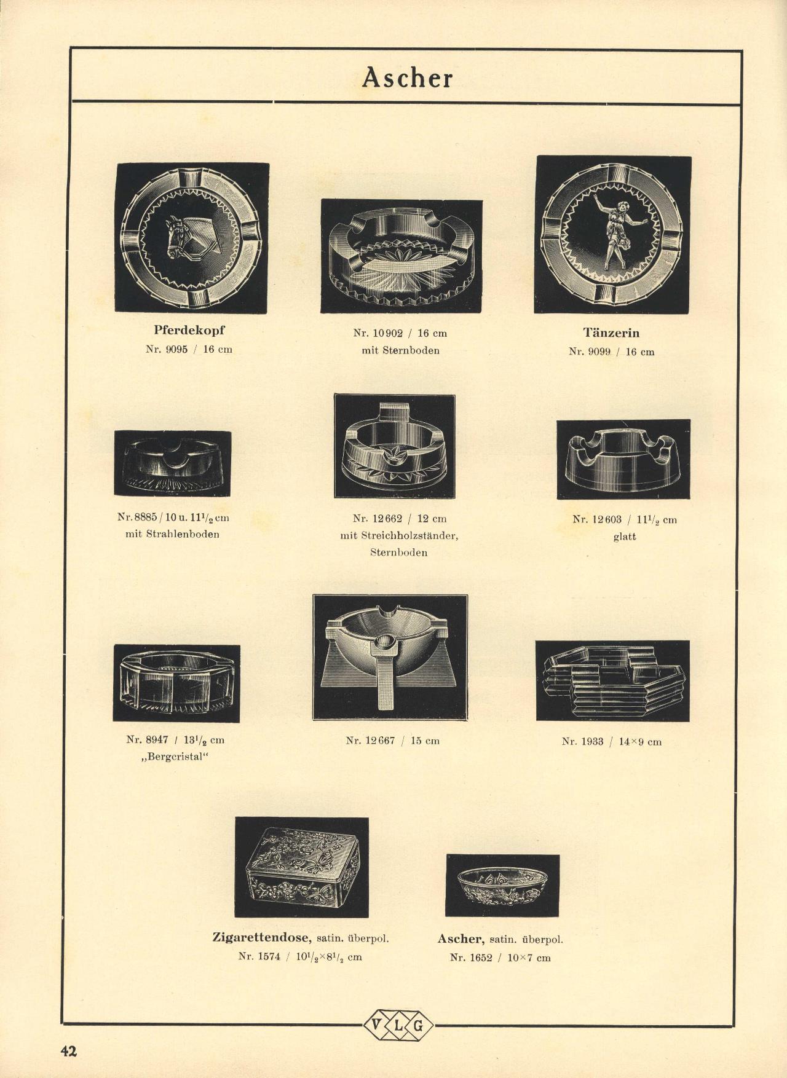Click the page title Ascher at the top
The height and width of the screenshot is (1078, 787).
click(x=407, y=77)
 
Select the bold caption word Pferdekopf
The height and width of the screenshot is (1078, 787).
click(x=189, y=331)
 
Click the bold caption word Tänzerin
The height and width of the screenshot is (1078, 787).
click(x=611, y=333)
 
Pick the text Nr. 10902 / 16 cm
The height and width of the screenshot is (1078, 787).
click(x=400, y=334)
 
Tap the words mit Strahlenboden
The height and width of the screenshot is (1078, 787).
click(x=172, y=534)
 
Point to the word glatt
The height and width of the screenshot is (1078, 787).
click(x=624, y=537)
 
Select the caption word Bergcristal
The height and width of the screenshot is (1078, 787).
click(x=176, y=757)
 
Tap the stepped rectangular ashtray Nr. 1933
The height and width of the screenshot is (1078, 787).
click(x=612, y=680)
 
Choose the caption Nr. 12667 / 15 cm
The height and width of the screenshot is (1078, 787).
click(x=393, y=741)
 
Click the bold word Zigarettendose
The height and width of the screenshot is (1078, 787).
click(x=263, y=938)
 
